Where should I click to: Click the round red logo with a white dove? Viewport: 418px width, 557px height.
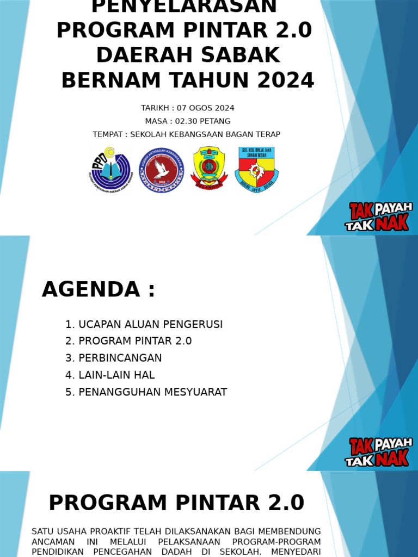pyautogui.click(x=161, y=170)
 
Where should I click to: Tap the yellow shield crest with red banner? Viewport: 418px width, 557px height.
pyautogui.click(x=208, y=168)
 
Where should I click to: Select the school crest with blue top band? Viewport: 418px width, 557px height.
pyautogui.click(x=257, y=169)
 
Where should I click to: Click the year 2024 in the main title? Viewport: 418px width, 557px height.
pyautogui.click(x=286, y=81)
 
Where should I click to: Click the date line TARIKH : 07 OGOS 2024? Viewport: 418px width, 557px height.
pyautogui.click(x=187, y=108)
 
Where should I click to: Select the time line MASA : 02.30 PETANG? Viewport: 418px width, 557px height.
pyautogui.click(x=187, y=121)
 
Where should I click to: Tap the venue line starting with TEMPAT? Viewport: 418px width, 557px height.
pyautogui.click(x=186, y=134)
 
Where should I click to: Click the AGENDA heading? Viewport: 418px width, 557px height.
pyautogui.click(x=99, y=289)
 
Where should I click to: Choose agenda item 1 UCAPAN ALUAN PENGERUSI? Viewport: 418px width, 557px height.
pyautogui.click(x=144, y=324)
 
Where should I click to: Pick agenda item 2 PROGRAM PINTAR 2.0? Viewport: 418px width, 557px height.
pyautogui.click(x=128, y=341)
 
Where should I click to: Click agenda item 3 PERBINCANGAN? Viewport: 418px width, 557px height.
pyautogui.click(x=113, y=358)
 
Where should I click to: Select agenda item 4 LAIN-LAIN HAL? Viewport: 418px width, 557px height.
pyautogui.click(x=110, y=375)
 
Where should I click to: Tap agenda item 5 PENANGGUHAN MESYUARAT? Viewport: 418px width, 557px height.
pyautogui.click(x=146, y=392)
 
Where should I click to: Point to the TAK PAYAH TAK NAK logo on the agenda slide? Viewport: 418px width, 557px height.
pyautogui.click(x=379, y=451)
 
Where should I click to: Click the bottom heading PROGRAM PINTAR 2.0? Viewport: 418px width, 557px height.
pyautogui.click(x=176, y=503)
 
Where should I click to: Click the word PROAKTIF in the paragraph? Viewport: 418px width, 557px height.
pyautogui.click(x=115, y=531)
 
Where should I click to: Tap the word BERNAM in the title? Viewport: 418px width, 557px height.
pyautogui.click(x=112, y=81)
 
